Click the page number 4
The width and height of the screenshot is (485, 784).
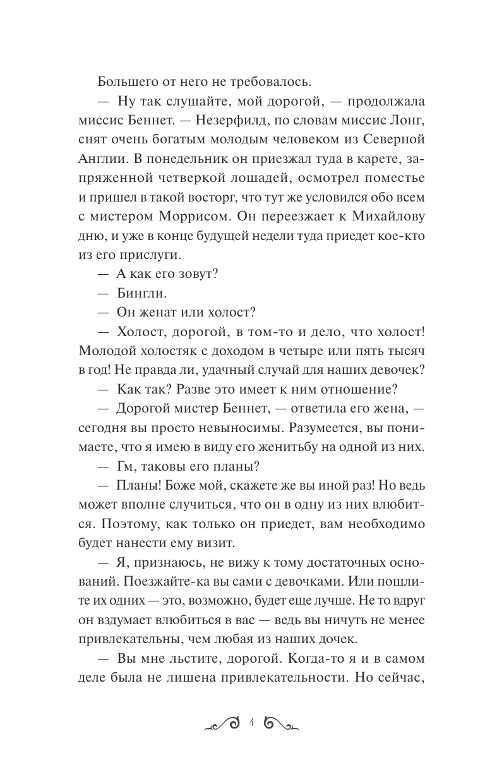(251, 722)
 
